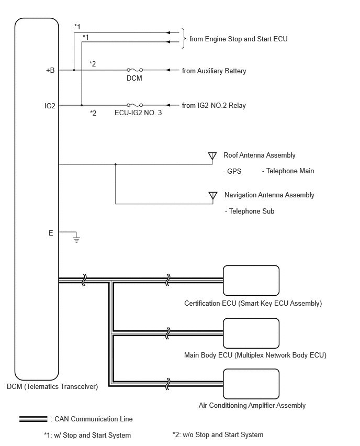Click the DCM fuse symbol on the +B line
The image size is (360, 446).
(x=134, y=70)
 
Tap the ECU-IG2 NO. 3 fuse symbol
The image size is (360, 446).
(x=134, y=105)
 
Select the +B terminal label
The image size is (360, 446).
(x=50, y=70)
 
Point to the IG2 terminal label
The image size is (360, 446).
(x=50, y=106)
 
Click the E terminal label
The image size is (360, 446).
(x=51, y=233)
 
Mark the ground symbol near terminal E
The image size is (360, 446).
(x=76, y=238)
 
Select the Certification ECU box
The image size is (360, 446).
(x=251, y=281)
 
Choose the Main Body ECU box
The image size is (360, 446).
(x=251, y=333)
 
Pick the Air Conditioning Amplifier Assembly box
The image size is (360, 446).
(x=251, y=384)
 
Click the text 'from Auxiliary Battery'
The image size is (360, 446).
(x=214, y=71)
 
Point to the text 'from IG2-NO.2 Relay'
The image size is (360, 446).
(x=214, y=106)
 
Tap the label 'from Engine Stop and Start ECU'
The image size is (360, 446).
(x=238, y=39)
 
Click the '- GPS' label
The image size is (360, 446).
(x=232, y=171)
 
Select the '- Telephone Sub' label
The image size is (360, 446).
(x=250, y=211)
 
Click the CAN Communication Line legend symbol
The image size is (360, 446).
(x=33, y=419)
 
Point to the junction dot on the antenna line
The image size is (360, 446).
(x=116, y=164)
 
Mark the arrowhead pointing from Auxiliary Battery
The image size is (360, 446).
(x=168, y=70)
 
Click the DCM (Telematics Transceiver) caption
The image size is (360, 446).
(x=52, y=386)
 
